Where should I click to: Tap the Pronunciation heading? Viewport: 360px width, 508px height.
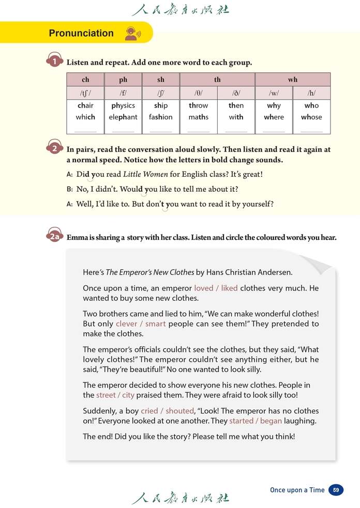81,33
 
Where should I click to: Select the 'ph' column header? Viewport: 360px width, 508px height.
123,80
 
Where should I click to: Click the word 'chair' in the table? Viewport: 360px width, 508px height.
85,105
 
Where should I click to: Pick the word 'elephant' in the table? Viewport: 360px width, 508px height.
123,117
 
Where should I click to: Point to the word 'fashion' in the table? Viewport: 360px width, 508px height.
160,117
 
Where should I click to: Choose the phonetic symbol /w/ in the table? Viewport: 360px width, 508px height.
274,94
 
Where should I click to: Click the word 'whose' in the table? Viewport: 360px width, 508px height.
311,117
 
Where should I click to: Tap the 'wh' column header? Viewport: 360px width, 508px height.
293,80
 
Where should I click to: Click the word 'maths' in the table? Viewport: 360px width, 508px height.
198,117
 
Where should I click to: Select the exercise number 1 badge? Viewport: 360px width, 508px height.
55,61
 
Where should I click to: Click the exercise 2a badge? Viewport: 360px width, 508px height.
55,237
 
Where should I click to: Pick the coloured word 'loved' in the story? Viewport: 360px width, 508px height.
203,288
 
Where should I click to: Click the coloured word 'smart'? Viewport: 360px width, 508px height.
155,324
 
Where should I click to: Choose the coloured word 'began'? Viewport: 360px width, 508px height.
271,421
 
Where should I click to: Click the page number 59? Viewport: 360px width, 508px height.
336,490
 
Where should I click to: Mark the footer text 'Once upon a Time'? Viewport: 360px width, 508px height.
297,490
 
